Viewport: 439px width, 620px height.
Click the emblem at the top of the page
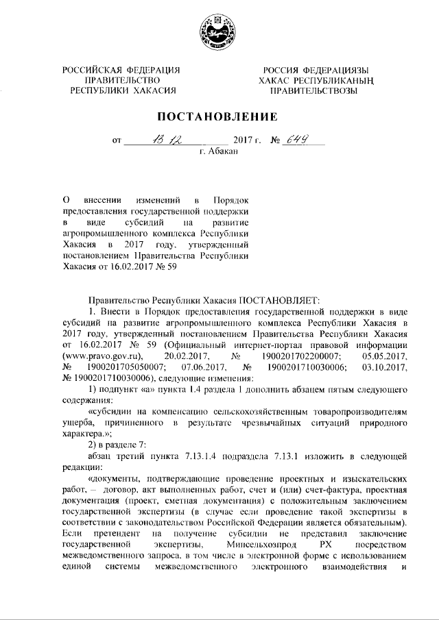point(219,32)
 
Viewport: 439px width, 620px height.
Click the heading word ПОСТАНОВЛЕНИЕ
point(219,116)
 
